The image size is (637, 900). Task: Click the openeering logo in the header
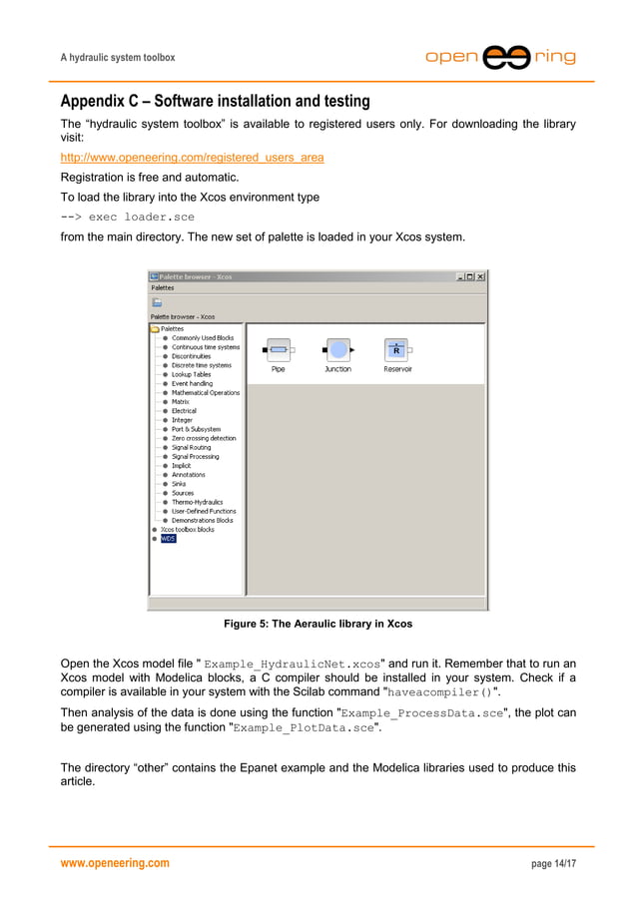coord(501,58)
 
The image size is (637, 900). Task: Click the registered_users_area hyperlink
coord(192,158)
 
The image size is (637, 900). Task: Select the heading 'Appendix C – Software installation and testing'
coord(215,102)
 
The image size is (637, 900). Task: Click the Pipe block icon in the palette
coord(279,350)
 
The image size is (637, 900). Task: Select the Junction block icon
coord(337,350)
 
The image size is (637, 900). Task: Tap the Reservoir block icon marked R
coord(396,350)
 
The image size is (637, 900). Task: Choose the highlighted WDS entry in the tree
coord(168,539)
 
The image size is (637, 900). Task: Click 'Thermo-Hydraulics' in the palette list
coord(197,502)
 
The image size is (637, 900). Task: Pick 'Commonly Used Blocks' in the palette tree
coord(202,337)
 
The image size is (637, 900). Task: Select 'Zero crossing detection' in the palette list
coord(204,438)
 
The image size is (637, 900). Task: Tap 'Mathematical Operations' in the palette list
coord(206,392)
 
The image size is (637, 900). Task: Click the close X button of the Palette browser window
coord(480,276)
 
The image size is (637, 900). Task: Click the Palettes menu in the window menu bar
coord(163,287)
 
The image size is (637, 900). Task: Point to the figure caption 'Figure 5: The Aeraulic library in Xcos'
coord(318,624)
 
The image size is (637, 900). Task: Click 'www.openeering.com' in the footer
coord(115,862)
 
